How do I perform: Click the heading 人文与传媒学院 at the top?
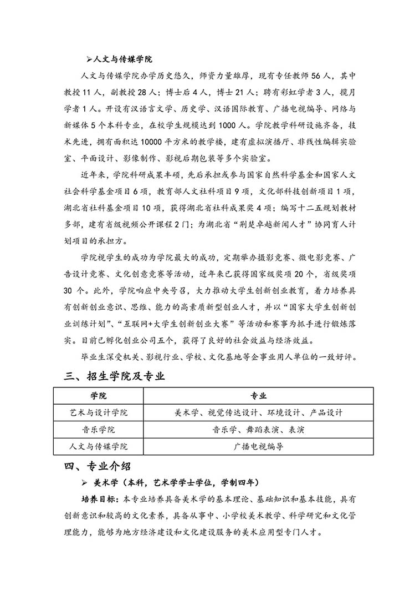tap(122, 59)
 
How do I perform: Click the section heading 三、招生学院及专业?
tap(115, 377)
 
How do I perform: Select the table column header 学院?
tap(98, 396)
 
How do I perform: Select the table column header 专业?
tap(258, 396)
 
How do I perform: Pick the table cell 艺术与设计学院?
tap(98, 412)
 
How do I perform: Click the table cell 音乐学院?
tap(98, 430)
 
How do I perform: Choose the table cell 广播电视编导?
tap(258, 446)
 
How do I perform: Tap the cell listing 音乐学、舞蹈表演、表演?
tap(258, 430)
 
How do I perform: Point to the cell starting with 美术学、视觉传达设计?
tap(258, 412)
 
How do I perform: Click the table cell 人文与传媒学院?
tap(98, 446)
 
